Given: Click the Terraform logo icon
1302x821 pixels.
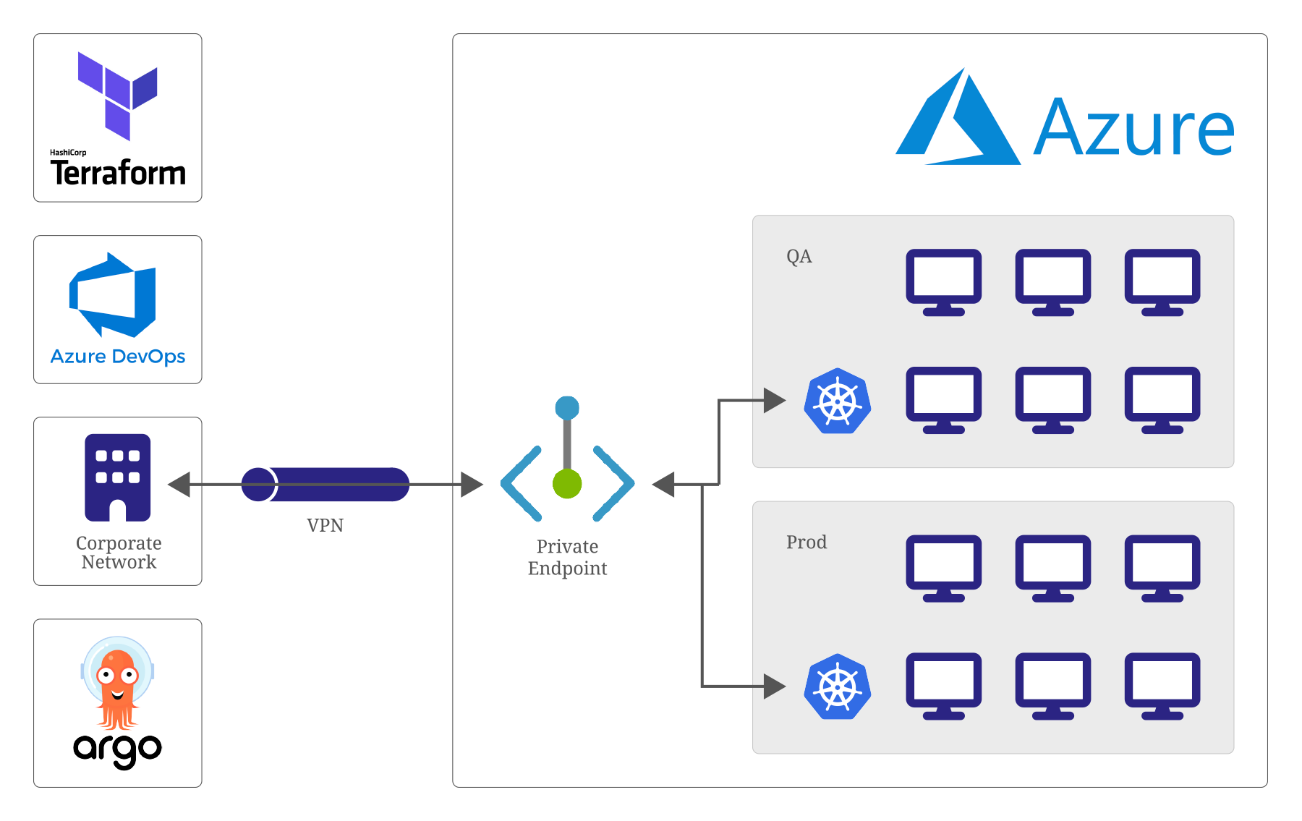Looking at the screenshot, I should [118, 95].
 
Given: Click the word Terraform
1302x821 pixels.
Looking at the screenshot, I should [118, 173].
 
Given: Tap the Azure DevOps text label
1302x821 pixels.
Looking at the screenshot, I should [118, 357].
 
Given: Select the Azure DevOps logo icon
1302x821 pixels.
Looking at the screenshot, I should [113, 295].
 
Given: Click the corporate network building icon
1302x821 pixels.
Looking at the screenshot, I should [118, 477].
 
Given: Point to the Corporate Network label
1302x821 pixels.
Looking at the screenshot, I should [119, 553].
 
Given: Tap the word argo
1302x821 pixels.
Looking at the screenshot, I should [117, 749].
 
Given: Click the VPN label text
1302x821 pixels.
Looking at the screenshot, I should [325, 525].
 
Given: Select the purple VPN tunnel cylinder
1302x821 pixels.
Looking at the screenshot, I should [325, 484].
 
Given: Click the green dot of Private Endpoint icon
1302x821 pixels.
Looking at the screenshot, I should [567, 484].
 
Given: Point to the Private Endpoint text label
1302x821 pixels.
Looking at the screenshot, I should [567, 557].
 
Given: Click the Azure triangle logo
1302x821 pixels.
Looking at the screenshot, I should [958, 119].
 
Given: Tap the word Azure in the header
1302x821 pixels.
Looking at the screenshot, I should [1133, 129].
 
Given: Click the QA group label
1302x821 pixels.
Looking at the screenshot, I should [799, 257].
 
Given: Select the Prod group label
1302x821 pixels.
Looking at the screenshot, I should [806, 543].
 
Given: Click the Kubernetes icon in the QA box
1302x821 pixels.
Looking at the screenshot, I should [838, 401].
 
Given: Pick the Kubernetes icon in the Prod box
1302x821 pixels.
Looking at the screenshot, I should [838, 686].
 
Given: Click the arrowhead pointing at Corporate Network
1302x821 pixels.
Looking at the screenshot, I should [179, 484].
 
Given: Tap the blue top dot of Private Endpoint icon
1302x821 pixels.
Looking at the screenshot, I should [567, 407].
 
